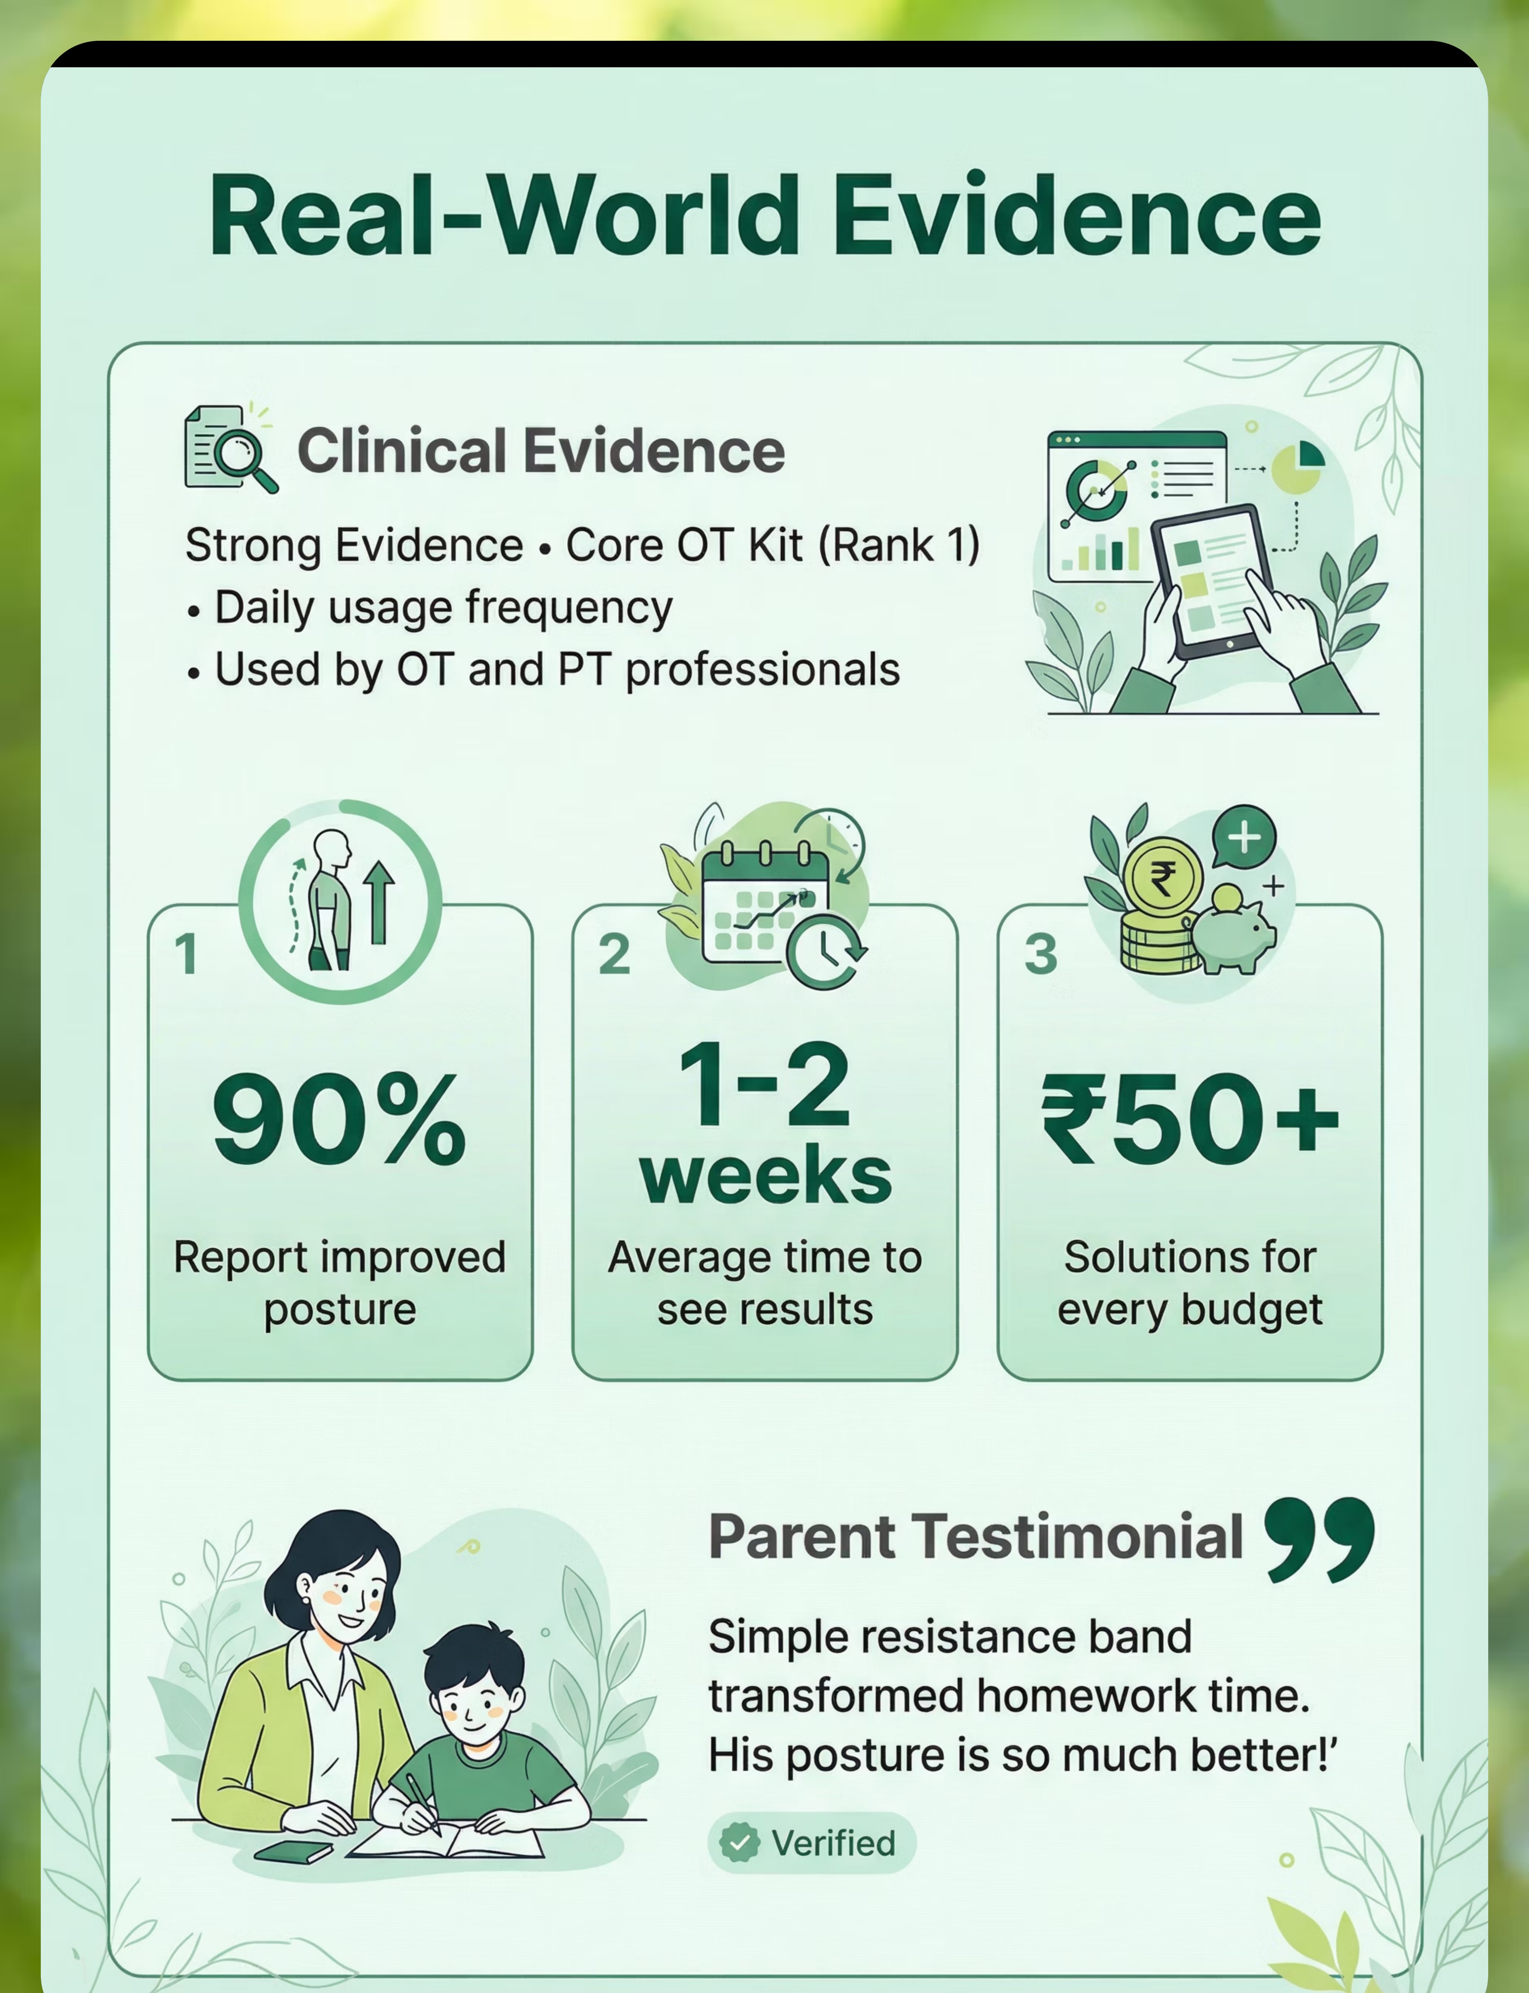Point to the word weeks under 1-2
(765, 1176)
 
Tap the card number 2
(614, 955)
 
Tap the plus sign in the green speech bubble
(1244, 836)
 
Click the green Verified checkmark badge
(739, 1843)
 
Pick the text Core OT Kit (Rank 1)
(773, 545)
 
